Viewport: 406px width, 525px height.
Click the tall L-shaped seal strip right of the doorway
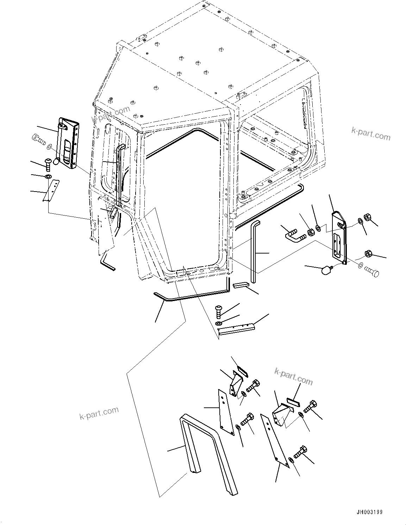point(254,250)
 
